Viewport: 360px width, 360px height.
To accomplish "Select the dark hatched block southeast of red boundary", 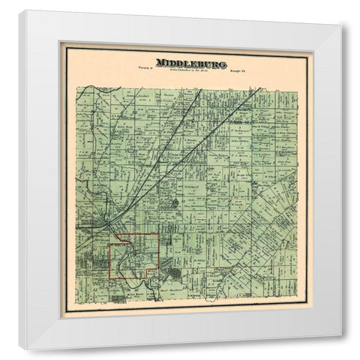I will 175,274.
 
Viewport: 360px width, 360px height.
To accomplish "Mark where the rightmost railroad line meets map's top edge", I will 260,88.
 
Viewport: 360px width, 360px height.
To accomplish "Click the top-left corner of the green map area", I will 77,86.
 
